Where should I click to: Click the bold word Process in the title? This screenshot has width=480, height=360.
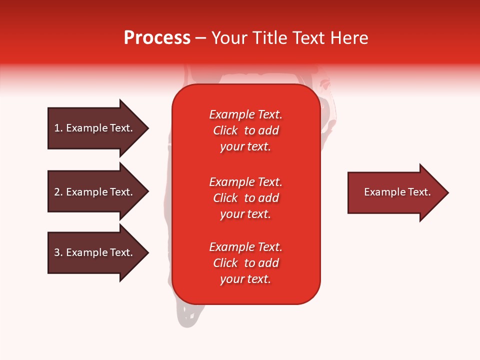pyautogui.click(x=157, y=38)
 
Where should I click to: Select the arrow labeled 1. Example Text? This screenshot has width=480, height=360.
pyautogui.click(x=90, y=128)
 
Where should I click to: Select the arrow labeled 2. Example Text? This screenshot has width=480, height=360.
pyautogui.click(x=90, y=192)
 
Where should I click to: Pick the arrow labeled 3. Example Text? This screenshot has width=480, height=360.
pyautogui.click(x=90, y=252)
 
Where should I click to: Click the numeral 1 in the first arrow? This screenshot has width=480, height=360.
pyautogui.click(x=56, y=128)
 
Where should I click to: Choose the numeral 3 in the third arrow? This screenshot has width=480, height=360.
pyautogui.click(x=57, y=253)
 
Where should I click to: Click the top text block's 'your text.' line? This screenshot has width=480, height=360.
pyautogui.click(x=245, y=147)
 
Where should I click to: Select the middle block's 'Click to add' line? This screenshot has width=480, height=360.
pyautogui.click(x=245, y=198)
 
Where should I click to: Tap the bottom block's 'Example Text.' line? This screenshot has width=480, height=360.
pyautogui.click(x=245, y=247)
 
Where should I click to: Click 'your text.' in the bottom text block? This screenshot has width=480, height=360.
pyautogui.click(x=245, y=279)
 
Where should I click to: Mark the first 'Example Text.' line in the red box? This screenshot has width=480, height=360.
pyautogui.click(x=245, y=114)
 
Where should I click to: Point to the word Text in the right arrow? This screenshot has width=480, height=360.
pyautogui.click(x=419, y=192)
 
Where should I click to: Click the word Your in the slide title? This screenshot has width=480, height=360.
pyautogui.click(x=229, y=38)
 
